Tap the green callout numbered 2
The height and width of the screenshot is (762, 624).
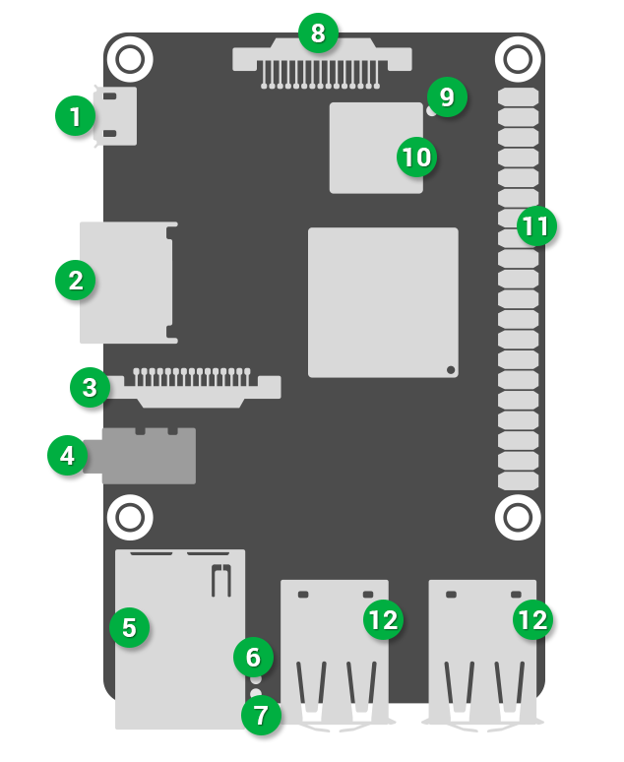76,281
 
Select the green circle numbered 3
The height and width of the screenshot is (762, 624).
90,387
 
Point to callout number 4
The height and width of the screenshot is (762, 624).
67,456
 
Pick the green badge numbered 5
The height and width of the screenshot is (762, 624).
129,625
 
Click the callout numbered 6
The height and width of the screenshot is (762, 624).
253,656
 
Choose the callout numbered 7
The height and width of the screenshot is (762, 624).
261,715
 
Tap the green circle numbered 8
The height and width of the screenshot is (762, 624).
317,33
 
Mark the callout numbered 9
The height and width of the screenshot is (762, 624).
447,97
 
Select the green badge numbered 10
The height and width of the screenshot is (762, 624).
416,156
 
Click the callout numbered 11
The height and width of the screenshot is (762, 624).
535,226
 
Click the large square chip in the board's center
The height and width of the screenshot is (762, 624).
383,302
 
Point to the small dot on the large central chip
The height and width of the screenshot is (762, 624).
450,369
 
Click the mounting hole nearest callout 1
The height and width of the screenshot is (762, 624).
129,60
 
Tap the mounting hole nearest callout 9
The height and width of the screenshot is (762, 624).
516,60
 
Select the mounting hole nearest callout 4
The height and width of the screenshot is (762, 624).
129,516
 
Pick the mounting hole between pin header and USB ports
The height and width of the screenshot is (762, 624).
516,516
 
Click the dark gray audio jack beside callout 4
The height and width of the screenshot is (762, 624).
148,456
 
